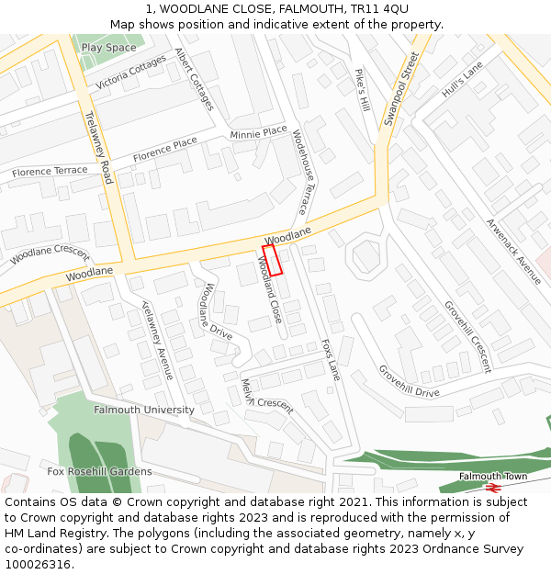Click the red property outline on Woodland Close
pos(272,260)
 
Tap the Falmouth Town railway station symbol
pos(494,488)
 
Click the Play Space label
pos(108,48)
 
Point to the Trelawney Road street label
pos(97,147)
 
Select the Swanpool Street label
pos(401,89)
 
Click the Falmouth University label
pos(144,411)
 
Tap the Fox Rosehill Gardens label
pos(100,472)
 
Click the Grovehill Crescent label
pos(467,336)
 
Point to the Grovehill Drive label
pos(409,381)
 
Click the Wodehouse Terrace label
pos(298,172)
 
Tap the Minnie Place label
pos(258,133)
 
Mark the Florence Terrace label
pos(50,172)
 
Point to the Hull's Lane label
pos(462,80)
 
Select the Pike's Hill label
pos(362,89)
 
